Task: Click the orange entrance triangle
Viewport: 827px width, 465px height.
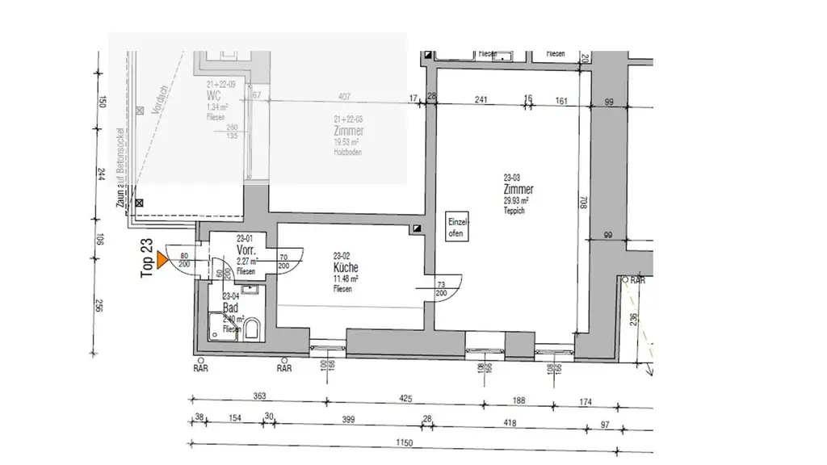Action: click(x=162, y=260)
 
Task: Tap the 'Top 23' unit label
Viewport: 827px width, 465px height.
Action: click(x=147, y=259)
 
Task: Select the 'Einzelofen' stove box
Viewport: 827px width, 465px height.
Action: click(x=456, y=228)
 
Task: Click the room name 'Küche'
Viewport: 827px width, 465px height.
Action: click(x=345, y=268)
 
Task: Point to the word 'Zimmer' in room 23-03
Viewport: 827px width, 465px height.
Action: click(x=518, y=190)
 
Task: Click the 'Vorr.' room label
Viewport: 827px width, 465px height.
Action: click(x=246, y=250)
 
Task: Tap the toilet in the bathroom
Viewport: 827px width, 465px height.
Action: click(x=252, y=329)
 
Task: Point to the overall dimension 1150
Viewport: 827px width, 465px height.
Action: click(x=404, y=442)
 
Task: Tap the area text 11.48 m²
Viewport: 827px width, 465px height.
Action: click(x=345, y=279)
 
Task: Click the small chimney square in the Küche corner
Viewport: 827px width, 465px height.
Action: click(x=417, y=229)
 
